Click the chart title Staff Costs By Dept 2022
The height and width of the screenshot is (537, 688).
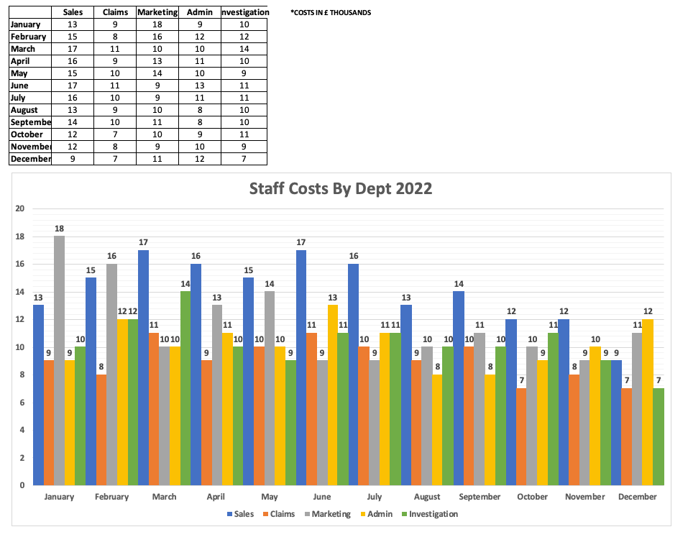tap(340, 189)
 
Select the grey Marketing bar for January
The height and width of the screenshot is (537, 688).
tap(59, 359)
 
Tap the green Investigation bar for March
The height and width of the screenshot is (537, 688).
tap(185, 387)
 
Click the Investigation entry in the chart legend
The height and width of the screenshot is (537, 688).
tap(429, 514)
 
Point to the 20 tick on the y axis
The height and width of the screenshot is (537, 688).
tap(20, 209)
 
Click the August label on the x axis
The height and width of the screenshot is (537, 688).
tap(427, 497)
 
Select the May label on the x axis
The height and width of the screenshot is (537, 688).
tap(270, 497)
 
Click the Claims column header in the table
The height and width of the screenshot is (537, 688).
tap(114, 12)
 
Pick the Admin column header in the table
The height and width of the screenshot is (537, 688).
tap(198, 12)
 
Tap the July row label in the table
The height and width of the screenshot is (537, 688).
tap(19, 98)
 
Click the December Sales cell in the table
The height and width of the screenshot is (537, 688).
tap(73, 159)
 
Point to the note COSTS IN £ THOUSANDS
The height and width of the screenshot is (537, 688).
tap(331, 12)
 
